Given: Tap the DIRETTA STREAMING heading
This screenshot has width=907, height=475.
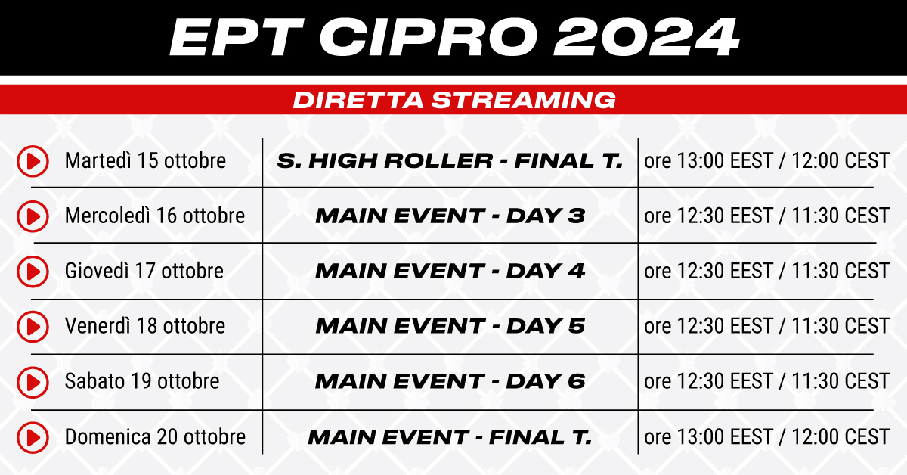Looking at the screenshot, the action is coord(454,100).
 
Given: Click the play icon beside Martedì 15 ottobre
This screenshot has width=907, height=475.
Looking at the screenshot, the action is coord(33,161).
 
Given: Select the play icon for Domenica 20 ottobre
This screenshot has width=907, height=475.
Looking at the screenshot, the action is coord(33,437).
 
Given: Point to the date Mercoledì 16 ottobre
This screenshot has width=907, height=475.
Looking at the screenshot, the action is coord(155,216).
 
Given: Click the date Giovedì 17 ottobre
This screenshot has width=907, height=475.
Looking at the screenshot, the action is coord(144,270).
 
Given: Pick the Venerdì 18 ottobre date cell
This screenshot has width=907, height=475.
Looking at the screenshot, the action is coord(144,325).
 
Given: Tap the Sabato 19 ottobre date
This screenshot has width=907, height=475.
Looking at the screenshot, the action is coord(142,381).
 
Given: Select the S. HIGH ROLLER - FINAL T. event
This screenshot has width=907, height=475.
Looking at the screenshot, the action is coord(450,161).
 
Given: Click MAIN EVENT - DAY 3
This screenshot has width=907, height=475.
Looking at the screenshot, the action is coord(450,216).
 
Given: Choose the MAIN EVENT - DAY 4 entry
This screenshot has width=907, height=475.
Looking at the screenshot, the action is coord(450,271).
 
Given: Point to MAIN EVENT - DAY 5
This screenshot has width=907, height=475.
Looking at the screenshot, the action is coord(450,326).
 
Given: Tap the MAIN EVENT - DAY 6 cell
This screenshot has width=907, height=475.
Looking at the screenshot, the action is coord(450,381).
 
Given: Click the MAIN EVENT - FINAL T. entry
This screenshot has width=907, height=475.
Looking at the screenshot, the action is coord(450,437).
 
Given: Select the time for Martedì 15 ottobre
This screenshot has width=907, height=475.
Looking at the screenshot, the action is coord(766,160).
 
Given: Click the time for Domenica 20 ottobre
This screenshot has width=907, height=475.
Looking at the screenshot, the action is coord(766,437).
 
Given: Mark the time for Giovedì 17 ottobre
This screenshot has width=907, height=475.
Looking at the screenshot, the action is coord(766,270).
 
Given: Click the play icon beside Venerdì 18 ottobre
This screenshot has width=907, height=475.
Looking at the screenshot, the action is coord(33,327).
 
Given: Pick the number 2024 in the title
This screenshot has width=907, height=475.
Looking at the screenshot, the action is coord(647,37).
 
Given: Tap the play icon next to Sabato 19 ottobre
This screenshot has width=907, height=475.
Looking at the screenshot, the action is coord(33,382).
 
